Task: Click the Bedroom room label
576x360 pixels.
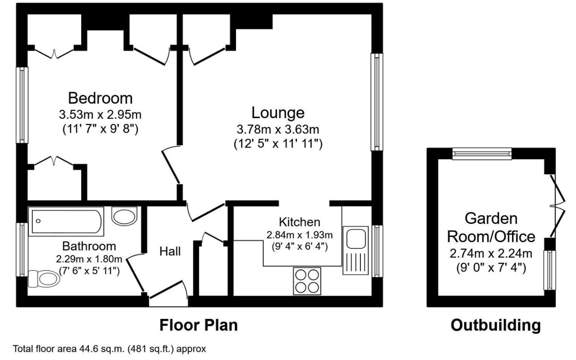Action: [100, 98]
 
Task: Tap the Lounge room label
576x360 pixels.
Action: [278, 113]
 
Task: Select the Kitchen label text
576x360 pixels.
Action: [299, 222]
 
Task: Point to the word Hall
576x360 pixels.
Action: [170, 251]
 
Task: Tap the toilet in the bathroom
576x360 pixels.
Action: [44, 278]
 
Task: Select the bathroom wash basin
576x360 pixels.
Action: [125, 216]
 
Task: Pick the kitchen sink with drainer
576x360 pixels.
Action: [355, 250]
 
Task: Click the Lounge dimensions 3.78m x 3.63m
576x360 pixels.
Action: [278, 130]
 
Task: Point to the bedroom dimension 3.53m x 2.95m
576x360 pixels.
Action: [100, 115]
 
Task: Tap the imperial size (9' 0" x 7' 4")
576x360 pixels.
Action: [491, 268]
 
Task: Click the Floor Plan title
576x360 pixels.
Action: [199, 325]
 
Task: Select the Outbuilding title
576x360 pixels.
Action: [495, 325]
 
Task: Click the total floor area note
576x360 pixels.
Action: [109, 349]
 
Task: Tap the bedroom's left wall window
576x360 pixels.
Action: [22, 105]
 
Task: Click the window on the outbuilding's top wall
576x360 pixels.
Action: [482, 153]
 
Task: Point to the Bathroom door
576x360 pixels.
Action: [134, 272]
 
